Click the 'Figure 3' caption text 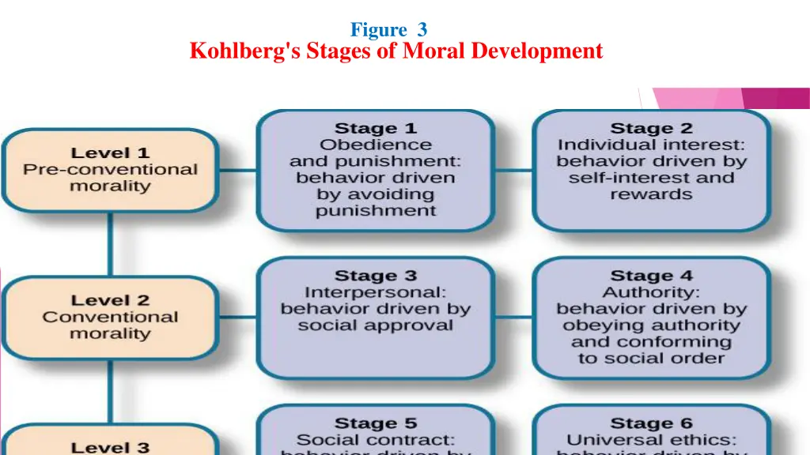pos(388,30)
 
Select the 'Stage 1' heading pos(376,128)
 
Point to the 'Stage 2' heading pos(651,128)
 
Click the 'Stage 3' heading pos(376,276)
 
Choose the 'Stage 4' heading pos(651,276)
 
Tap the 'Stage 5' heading pos(376,424)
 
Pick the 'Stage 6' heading pos(651,424)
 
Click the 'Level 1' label pos(110,152)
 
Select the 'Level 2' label pos(110,300)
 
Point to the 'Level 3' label pos(110,447)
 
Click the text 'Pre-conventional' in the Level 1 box pos(110,169)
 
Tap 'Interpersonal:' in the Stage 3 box pos(376,292)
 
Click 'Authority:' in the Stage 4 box pos(651,292)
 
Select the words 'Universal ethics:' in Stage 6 pos(651,440)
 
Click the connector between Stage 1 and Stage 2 pos(513,169)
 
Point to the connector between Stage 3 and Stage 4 pos(513,317)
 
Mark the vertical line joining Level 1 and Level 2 pos(110,243)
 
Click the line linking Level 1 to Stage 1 pos(237,169)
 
